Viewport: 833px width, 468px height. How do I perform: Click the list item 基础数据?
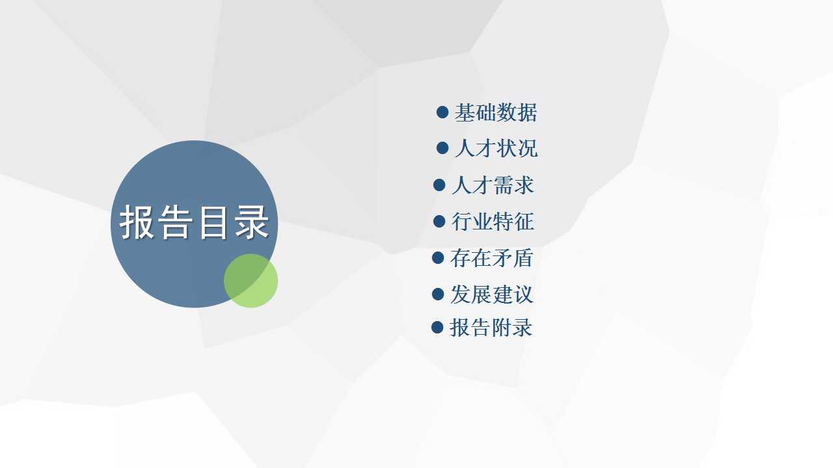tap(496, 112)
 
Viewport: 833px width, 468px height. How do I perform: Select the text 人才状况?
tap(496, 149)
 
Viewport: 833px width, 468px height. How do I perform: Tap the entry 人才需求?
tap(493, 185)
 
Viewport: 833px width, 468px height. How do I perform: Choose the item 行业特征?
tap(493, 222)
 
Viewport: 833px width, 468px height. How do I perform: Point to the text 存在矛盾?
tap(491, 258)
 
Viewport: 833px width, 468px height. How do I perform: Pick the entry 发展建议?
tap(491, 294)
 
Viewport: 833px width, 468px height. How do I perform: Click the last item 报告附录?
tap(491, 328)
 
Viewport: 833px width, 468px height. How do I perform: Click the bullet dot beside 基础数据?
tap(443, 112)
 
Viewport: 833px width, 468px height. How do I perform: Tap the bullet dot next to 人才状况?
tap(443, 148)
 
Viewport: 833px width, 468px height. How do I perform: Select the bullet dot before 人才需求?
tap(439, 185)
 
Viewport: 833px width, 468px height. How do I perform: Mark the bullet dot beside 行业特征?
tap(439, 222)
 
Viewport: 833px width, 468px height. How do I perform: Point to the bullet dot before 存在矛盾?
tap(438, 258)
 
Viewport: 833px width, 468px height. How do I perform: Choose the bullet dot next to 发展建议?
tap(438, 294)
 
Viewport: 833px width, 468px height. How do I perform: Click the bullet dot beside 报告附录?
tap(437, 327)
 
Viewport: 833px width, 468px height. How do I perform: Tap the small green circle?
tap(251, 281)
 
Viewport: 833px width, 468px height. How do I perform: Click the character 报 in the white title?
tap(137, 222)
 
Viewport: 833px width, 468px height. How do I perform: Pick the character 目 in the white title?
tap(213, 222)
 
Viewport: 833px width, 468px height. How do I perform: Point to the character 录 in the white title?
tap(252, 222)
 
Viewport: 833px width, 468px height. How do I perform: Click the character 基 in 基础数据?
tap(465, 112)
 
